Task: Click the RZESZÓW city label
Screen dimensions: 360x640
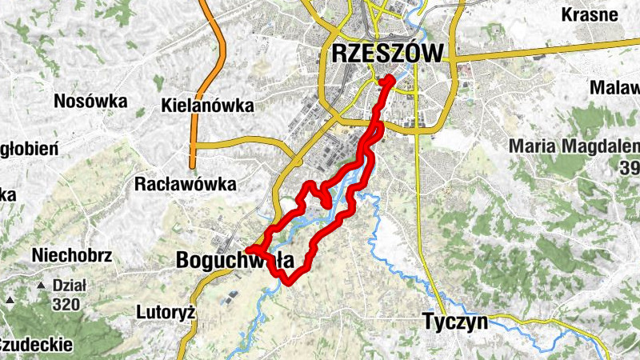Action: click(386, 54)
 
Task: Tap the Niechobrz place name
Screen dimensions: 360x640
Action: click(72, 256)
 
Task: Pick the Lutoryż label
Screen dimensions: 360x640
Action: click(166, 311)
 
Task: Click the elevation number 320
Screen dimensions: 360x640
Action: click(67, 304)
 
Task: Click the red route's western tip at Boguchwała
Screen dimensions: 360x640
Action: click(249, 250)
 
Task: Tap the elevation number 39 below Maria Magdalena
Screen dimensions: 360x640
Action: click(629, 166)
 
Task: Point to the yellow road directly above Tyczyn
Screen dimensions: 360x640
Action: click(432, 272)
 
